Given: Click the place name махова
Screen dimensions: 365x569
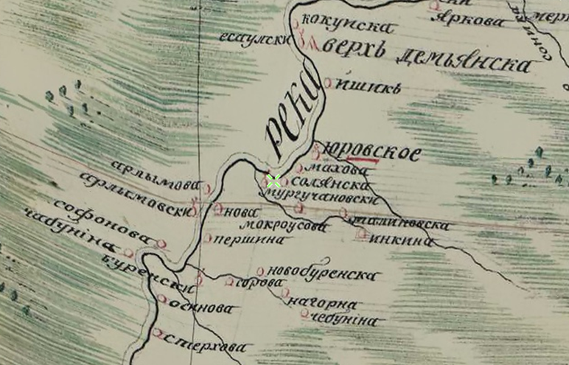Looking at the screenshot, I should [x=335, y=169].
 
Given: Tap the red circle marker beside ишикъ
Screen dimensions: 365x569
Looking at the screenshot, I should [x=328, y=83].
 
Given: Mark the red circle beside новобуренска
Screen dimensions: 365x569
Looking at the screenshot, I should [x=260, y=271].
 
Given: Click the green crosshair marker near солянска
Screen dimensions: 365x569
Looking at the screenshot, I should [x=273, y=180].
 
